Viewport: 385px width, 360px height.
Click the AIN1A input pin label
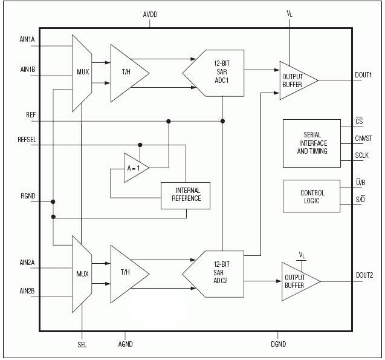[x=28, y=39]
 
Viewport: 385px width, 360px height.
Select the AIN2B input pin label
[x=28, y=291]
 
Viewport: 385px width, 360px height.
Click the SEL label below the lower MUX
[x=82, y=344]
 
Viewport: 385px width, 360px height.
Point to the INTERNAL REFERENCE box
[x=185, y=195]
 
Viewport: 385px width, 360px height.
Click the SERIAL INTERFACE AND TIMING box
[x=312, y=143]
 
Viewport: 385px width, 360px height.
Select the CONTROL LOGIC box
[x=312, y=197]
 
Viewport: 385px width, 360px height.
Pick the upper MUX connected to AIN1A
[x=82, y=73]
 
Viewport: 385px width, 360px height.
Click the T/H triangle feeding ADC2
[x=128, y=273]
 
